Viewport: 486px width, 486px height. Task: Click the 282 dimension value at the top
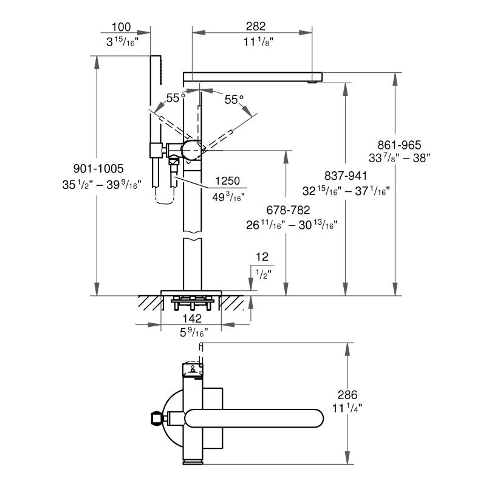(256, 26)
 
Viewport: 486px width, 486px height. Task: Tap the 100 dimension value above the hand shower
(121, 27)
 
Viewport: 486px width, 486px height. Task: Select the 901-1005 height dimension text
(98, 169)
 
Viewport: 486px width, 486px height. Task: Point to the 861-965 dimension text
(399, 145)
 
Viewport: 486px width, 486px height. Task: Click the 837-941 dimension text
(346, 176)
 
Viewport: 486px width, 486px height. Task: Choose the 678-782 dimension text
(288, 210)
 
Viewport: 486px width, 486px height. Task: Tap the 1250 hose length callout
(227, 180)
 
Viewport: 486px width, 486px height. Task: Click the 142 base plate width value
(192, 318)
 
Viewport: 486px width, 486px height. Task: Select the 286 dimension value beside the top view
(347, 394)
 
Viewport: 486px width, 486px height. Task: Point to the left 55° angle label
(176, 98)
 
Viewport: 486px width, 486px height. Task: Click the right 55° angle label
(234, 100)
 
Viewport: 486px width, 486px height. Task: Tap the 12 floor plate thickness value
(262, 256)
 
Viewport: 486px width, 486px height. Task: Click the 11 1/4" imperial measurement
(347, 408)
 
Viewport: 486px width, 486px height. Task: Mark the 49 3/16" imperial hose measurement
(228, 197)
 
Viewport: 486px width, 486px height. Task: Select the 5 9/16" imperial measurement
(194, 332)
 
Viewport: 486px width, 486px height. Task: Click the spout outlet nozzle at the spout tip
(312, 82)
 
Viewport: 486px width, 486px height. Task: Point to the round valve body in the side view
(191, 150)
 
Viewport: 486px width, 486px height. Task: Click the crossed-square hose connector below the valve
(174, 162)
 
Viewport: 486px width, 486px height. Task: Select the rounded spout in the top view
(254, 419)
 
